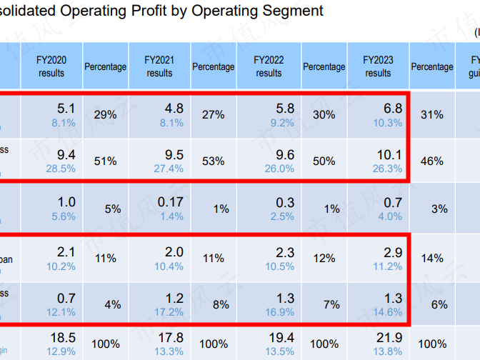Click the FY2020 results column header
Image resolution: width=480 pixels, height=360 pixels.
click(51, 66)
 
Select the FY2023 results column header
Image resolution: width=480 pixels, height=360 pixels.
click(378, 66)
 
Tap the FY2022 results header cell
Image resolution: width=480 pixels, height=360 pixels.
click(269, 66)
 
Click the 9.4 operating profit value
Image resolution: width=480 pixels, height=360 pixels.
click(66, 155)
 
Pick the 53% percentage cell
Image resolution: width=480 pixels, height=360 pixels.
click(213, 161)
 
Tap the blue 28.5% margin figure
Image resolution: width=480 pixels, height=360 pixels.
click(61, 169)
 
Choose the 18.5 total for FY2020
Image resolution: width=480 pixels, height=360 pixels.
click(64, 337)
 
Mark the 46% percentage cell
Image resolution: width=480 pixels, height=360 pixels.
click(432, 161)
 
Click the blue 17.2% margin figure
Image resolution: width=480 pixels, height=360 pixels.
click(169, 312)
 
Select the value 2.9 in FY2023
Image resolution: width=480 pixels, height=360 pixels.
click(393, 251)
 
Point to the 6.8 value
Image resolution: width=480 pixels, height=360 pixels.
click(393, 109)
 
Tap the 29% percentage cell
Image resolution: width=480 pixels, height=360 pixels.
click(105, 114)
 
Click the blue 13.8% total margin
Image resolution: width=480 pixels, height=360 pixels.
click(388, 351)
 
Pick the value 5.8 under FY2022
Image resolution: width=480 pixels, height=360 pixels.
click(284, 109)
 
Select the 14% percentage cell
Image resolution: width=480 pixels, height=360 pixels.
click(432, 258)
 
